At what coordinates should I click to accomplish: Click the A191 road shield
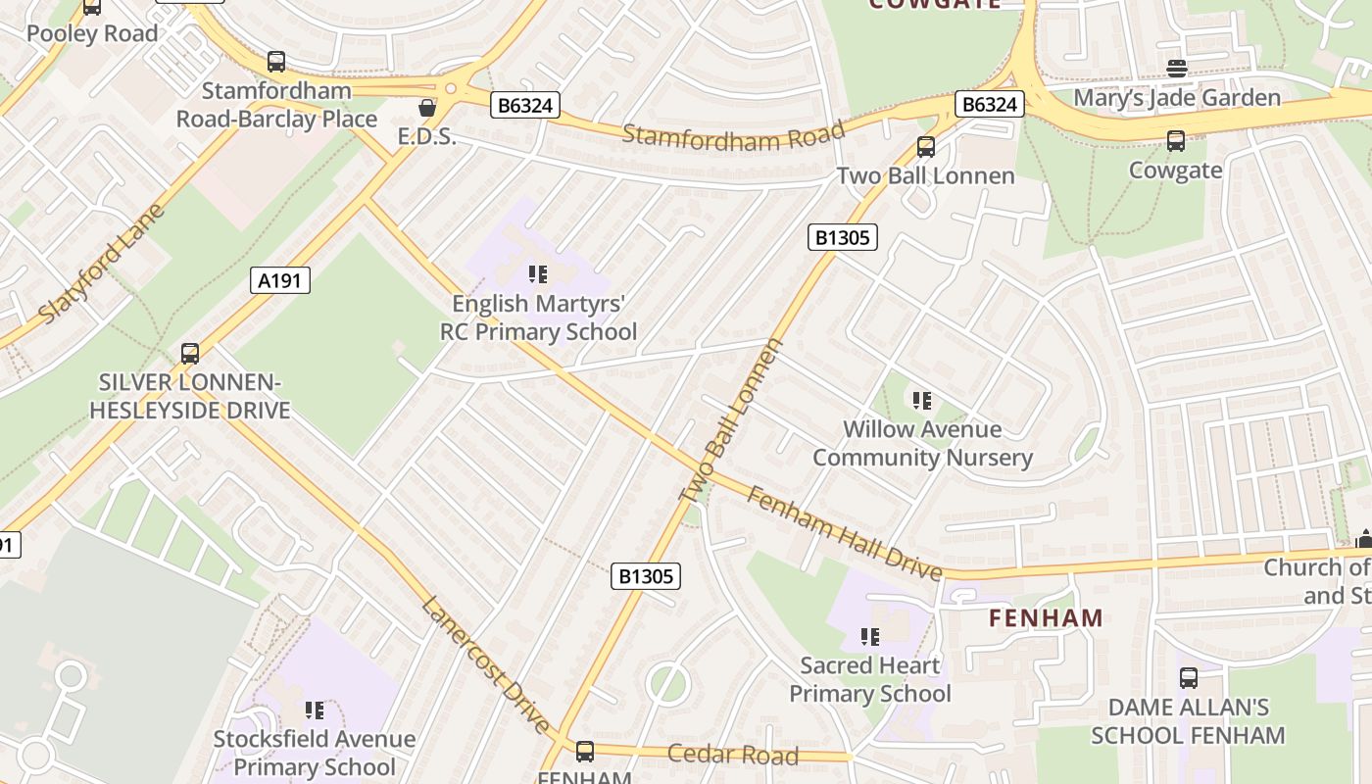coord(279,281)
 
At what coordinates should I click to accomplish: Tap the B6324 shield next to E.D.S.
coord(525,105)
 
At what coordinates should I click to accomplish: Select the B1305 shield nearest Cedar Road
coord(647,576)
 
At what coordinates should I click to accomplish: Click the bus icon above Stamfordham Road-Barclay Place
coord(276,62)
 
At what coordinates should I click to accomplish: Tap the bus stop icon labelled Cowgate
coord(1176,141)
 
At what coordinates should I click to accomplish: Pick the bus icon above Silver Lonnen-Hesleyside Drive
coord(190,354)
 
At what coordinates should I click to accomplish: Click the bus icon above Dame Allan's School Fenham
coord(1188,677)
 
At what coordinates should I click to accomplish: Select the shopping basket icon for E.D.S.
coord(427,107)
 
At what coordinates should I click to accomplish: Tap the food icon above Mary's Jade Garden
coord(1177,69)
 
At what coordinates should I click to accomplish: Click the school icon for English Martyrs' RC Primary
coord(537,274)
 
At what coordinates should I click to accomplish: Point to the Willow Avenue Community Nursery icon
coord(921,400)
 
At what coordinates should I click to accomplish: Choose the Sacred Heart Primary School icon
coord(869,637)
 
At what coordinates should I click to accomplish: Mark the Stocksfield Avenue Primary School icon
coord(314,710)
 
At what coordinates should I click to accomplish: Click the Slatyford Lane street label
coord(103,265)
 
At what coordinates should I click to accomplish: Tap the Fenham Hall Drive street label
coord(844,533)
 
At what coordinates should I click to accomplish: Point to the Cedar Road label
coord(733,755)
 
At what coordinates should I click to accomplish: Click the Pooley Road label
coord(92,33)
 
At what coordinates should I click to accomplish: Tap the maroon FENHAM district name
coord(1046,618)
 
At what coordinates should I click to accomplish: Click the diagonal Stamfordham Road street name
coord(733,135)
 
